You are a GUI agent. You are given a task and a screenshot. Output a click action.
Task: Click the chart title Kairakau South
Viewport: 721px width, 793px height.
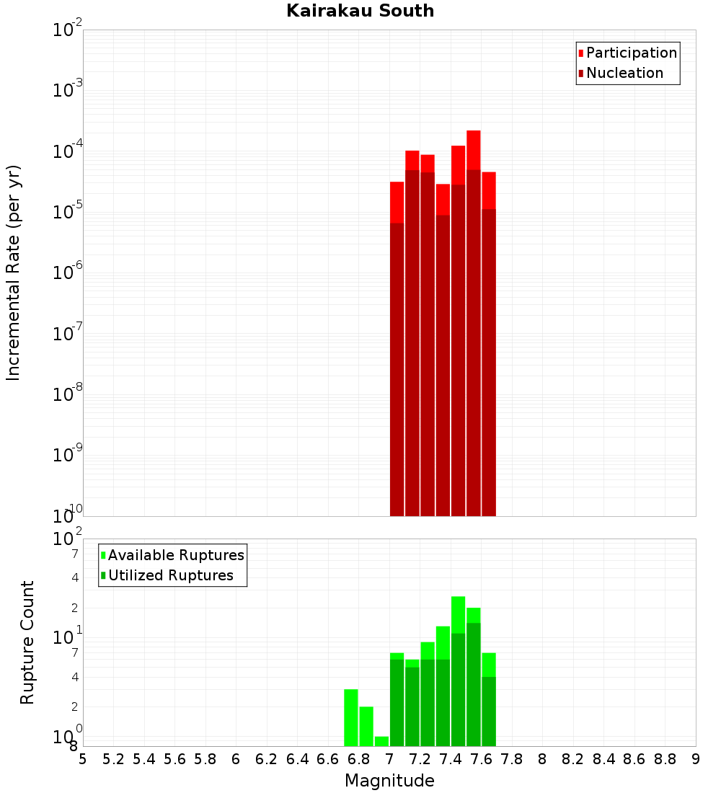[x=360, y=11]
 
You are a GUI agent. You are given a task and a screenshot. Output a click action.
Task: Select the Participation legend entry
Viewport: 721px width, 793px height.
[x=631, y=53]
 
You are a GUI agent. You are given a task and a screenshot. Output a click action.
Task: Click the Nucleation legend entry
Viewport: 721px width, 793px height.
[x=624, y=73]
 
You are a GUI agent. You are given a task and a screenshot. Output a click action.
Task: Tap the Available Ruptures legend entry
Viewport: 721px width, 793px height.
[x=176, y=555]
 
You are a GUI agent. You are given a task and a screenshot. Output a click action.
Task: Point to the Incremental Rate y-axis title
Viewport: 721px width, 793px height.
[x=14, y=273]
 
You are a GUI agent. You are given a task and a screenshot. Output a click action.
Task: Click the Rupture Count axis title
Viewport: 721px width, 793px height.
[x=27, y=642]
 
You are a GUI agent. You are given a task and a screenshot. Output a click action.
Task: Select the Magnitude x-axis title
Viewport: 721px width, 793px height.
[x=389, y=781]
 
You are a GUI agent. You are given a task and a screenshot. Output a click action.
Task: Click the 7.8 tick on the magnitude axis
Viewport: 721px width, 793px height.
[x=512, y=759]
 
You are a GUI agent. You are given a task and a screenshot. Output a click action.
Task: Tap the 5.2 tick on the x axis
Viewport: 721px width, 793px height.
[x=114, y=759]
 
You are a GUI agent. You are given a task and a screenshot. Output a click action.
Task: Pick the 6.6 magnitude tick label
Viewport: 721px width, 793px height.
[x=328, y=759]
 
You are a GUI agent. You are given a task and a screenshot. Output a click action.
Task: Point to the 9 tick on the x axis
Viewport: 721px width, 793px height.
[x=696, y=759]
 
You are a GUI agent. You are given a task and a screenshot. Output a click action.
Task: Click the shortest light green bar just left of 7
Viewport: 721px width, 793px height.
[x=381, y=741]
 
